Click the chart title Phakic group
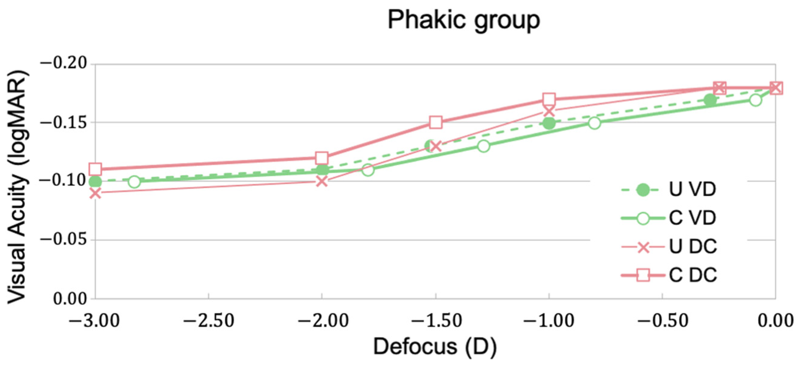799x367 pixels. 464,20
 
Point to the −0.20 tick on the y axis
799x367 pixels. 64,64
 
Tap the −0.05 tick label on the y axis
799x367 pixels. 64,239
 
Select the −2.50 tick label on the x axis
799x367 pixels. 208,320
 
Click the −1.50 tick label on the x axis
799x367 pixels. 436,320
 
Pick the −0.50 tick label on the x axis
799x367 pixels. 663,320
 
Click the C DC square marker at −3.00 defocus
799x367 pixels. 95,169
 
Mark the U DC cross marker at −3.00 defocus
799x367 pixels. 95,193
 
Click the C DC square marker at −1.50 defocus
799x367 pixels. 436,123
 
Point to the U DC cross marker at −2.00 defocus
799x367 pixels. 322,181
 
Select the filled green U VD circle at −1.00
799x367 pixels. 549,123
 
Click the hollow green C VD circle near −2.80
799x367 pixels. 134,182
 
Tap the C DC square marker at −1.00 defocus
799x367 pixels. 549,99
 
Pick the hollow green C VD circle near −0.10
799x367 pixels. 756,100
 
